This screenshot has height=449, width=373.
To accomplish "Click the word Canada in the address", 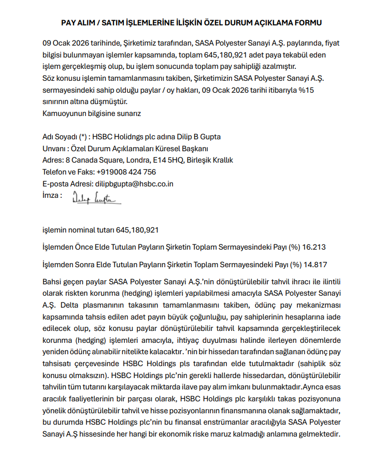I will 85,160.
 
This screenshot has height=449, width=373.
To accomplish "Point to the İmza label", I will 52,196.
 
